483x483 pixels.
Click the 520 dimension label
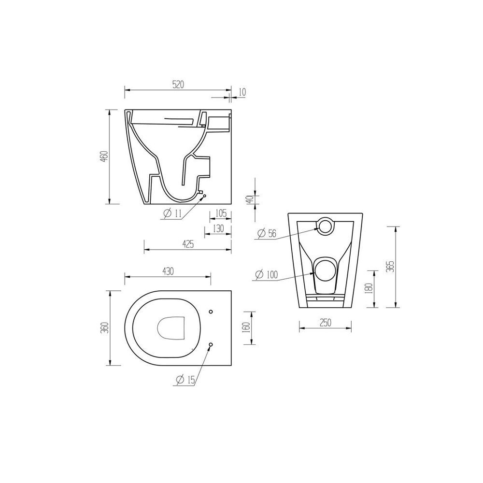point(178,85)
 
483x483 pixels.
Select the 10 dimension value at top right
point(242,92)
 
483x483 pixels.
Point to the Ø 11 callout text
point(172,213)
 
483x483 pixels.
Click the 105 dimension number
point(221,213)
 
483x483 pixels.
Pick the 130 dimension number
point(218,228)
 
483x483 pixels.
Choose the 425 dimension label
point(188,244)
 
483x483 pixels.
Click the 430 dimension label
point(168,271)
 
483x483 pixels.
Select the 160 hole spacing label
point(246,328)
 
